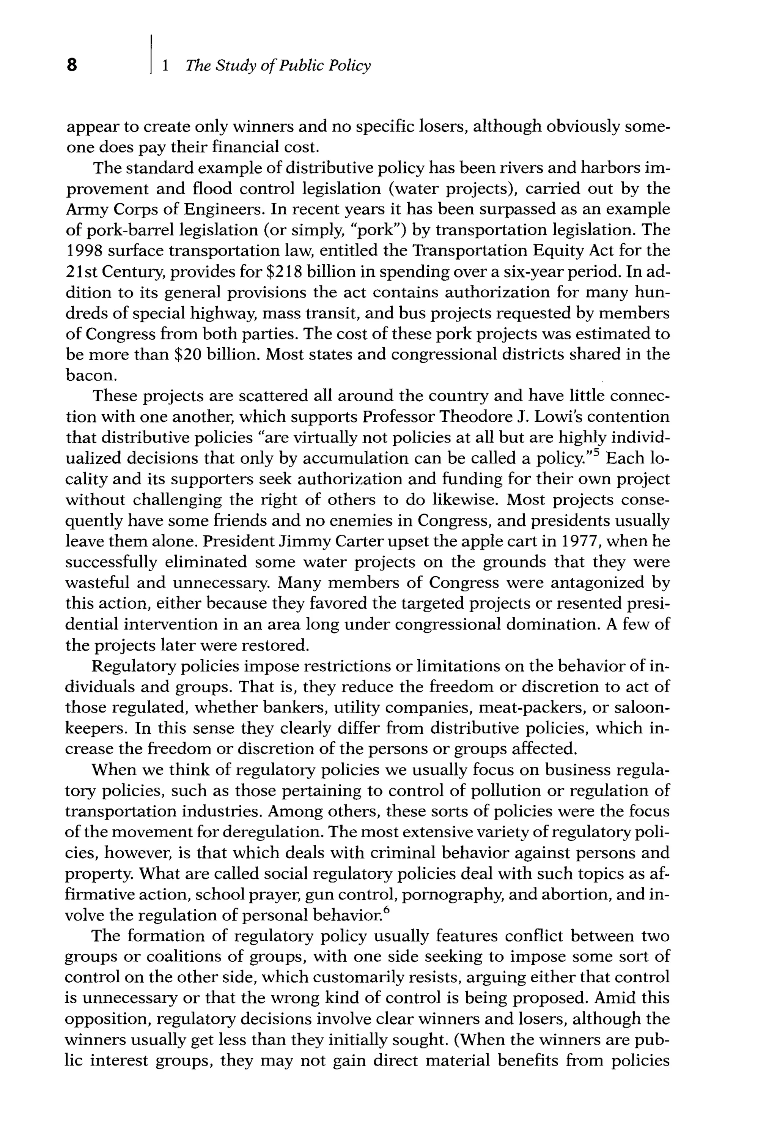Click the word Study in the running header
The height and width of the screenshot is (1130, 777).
[x=235, y=65]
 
